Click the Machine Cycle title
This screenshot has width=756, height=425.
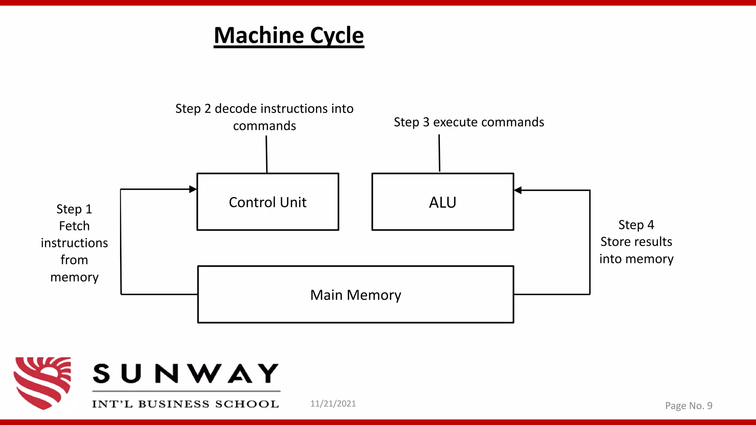tap(289, 36)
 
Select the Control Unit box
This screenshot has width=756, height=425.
tap(268, 202)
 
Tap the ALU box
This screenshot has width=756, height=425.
tap(443, 202)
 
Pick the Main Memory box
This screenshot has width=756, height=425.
tap(355, 295)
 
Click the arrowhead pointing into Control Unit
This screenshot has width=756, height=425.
tap(193, 189)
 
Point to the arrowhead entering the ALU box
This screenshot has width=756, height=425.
tap(518, 190)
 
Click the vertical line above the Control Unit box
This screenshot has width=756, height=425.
tap(267, 154)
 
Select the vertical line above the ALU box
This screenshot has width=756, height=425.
tap(439, 153)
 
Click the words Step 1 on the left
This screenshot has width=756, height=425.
tap(74, 209)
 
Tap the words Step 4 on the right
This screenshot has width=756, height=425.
tap(636, 225)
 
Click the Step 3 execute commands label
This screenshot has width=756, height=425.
tap(469, 122)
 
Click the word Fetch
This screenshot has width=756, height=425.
tap(74, 226)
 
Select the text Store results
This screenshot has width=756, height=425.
tap(636, 242)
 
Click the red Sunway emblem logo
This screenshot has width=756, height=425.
tap(42, 383)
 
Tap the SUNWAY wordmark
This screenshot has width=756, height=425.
tap(186, 373)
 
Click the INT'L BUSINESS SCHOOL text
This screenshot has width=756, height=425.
tap(185, 404)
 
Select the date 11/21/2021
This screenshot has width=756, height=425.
tap(333, 404)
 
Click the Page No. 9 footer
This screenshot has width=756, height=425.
tap(688, 406)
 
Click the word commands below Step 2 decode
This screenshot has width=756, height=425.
tap(264, 126)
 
